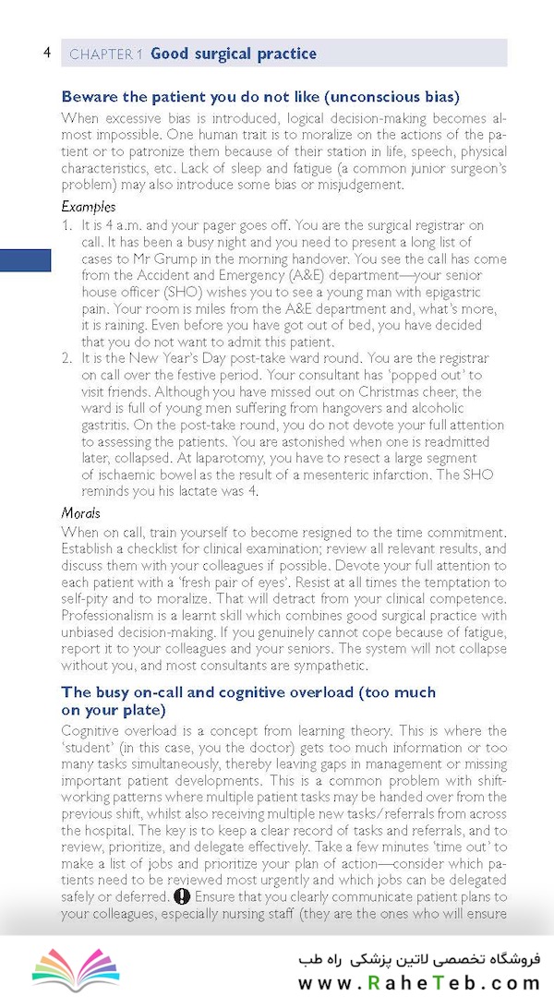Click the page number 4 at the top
pos(46,53)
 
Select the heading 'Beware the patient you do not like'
pos(260,97)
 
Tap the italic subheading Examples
pos(89,207)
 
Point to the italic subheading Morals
pos(81,512)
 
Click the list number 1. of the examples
pos(67,225)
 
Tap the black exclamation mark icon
pos(182,896)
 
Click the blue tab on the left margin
pos(25,260)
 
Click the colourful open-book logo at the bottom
pos(76,967)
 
